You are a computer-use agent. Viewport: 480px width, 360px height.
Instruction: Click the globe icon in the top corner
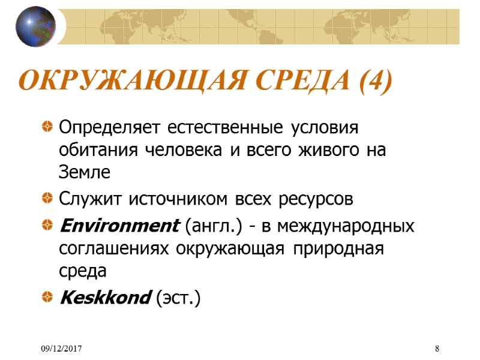tap(35, 26)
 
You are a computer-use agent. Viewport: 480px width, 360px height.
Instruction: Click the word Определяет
tap(111, 128)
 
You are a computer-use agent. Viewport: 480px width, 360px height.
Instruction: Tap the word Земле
tap(85, 172)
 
